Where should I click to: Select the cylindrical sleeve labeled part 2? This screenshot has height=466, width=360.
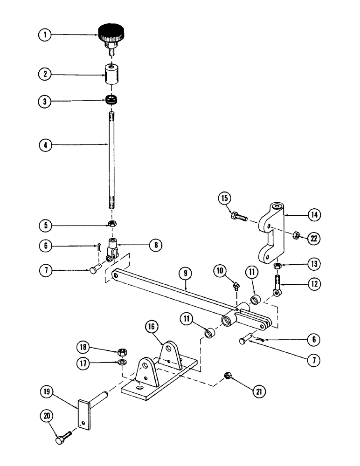click(111, 75)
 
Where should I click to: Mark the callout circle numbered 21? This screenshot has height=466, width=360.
click(256, 392)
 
